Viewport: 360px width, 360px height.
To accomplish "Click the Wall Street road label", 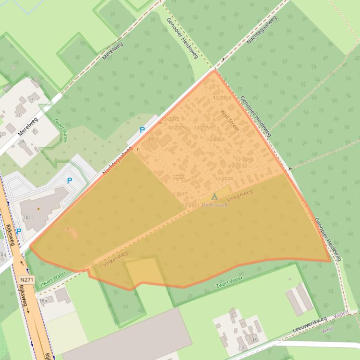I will coord(230,120).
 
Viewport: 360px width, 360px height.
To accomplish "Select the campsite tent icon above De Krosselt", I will coord(215,197).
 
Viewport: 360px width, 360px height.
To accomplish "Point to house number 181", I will coord(27,217).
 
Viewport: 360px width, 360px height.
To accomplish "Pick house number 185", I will coord(43,300).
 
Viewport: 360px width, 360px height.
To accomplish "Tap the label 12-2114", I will coord(222,98).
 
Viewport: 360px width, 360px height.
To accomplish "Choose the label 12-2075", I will coord(171,119).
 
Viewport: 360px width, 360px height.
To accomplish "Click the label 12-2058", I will coord(203,128).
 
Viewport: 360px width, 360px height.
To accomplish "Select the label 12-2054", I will coord(216,139).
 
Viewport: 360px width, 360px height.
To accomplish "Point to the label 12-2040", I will coord(244,159).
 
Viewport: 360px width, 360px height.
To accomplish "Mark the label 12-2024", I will coord(223,179).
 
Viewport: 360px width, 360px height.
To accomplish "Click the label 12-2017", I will coord(178,194).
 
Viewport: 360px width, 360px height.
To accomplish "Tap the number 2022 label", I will coord(178,177).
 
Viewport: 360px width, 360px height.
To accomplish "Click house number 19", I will coord(255,340).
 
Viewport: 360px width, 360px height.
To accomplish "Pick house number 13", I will coord(241,348).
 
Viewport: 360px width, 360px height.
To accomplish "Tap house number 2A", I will coord(22,141).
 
